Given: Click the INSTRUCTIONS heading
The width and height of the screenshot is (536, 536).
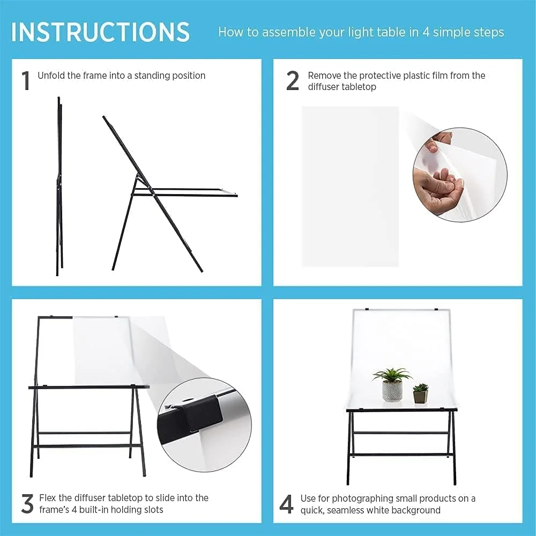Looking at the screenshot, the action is (100, 32).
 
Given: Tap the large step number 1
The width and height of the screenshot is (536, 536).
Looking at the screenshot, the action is (26, 81).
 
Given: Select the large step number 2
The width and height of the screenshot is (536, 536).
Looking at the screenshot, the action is (293, 81).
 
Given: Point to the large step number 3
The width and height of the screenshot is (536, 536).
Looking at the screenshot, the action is (27, 503).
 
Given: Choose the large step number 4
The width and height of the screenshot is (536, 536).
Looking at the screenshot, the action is (286, 504).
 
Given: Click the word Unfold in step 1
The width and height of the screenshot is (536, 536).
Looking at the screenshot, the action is (51, 75).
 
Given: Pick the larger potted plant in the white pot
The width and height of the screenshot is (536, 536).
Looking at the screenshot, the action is (392, 384).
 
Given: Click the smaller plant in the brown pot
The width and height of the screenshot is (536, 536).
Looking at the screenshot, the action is (420, 393).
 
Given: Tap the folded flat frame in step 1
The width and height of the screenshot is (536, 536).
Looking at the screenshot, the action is (59, 187).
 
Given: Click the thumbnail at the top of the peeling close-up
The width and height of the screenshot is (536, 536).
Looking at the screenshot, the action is (432, 148).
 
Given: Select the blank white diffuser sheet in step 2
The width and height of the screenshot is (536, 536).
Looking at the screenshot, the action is (350, 187).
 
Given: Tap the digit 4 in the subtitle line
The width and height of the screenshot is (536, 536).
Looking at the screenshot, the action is (426, 32).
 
